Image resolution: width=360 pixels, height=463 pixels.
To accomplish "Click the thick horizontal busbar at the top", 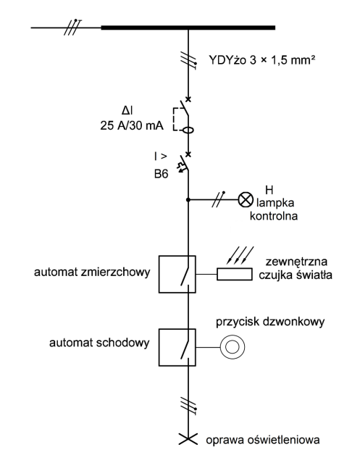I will [188, 28].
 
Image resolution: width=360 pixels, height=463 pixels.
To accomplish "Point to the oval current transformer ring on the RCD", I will [188, 131].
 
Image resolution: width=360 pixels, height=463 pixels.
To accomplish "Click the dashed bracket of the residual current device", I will [176, 119].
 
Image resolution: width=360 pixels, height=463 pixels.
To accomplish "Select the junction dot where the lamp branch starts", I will [188, 198].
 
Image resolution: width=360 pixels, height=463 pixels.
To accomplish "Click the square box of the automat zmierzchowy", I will [177, 274].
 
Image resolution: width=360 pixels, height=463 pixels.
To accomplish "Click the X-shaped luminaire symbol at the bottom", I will [188, 440].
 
